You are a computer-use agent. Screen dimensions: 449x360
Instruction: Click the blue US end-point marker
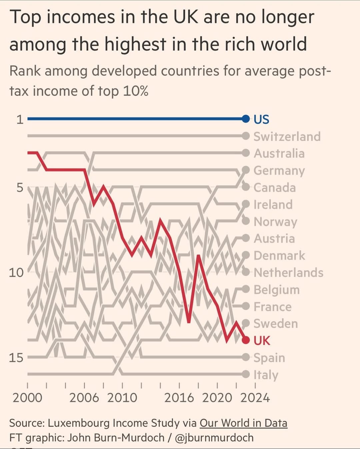pyautogui.click(x=246, y=119)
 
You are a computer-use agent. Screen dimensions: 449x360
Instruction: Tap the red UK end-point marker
pyautogui.click(x=246, y=340)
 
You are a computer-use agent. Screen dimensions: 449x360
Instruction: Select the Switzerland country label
pyautogui.click(x=287, y=136)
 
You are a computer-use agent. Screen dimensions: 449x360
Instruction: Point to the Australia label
pyautogui.click(x=279, y=153)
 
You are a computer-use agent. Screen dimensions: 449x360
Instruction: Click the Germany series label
pyautogui.click(x=279, y=171)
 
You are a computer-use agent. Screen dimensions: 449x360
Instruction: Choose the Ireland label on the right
pyautogui.click(x=273, y=204)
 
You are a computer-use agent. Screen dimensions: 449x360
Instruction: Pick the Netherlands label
pyautogui.click(x=288, y=273)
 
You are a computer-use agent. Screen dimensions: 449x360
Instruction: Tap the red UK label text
pyautogui.click(x=262, y=341)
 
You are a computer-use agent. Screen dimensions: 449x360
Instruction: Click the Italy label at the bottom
pyautogui.click(x=266, y=375)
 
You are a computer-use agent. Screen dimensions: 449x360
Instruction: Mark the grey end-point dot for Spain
pyautogui.click(x=246, y=357)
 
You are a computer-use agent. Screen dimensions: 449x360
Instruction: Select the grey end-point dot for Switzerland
pyautogui.click(x=246, y=136)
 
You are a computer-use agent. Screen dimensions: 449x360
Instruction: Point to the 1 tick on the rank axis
pyautogui.click(x=20, y=119)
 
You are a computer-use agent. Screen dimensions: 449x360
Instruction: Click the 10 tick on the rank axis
pyautogui.click(x=16, y=273)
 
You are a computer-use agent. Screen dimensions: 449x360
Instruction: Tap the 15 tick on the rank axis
pyautogui.click(x=16, y=358)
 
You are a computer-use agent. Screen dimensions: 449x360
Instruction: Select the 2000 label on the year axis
pyautogui.click(x=27, y=398)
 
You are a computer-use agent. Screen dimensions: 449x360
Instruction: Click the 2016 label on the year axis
pyautogui.click(x=179, y=398)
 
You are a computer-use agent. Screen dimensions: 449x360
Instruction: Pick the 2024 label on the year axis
pyautogui.click(x=255, y=398)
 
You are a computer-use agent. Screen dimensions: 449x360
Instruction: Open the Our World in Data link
pyautogui.click(x=243, y=423)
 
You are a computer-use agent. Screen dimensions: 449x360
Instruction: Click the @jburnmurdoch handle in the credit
pyautogui.click(x=214, y=437)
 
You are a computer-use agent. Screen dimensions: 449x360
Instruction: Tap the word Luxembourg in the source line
pyautogui.click(x=79, y=423)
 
